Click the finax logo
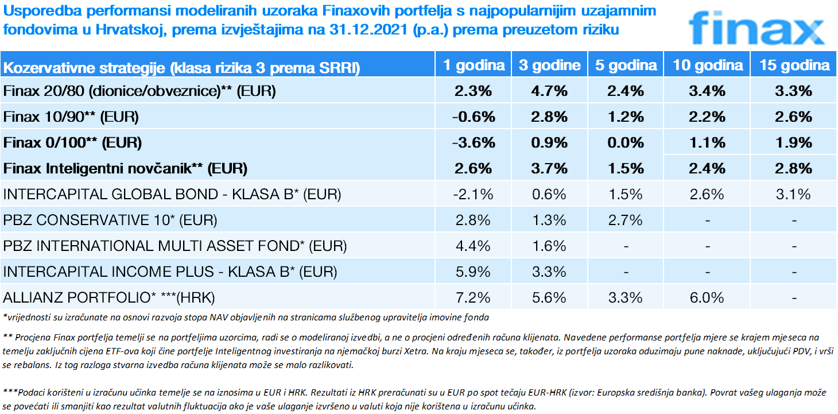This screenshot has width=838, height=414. [756, 27]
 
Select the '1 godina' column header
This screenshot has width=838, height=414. [474, 65]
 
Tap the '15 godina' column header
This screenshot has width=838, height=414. [794, 65]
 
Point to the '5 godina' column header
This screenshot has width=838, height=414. [625, 65]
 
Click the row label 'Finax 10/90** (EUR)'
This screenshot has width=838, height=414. [71, 117]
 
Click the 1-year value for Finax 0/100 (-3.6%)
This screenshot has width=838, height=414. [474, 142]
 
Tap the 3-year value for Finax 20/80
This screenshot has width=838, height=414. [549, 91]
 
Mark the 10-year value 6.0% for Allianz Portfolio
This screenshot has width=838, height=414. [707, 297]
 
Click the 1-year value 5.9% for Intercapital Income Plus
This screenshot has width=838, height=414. [474, 272]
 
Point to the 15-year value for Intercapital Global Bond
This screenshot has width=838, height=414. [794, 194]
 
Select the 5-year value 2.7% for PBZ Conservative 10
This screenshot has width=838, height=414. [625, 220]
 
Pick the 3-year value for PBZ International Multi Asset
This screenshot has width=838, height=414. [549, 246]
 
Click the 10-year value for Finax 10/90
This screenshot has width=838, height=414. [707, 117]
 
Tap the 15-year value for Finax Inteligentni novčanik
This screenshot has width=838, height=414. [794, 169]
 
